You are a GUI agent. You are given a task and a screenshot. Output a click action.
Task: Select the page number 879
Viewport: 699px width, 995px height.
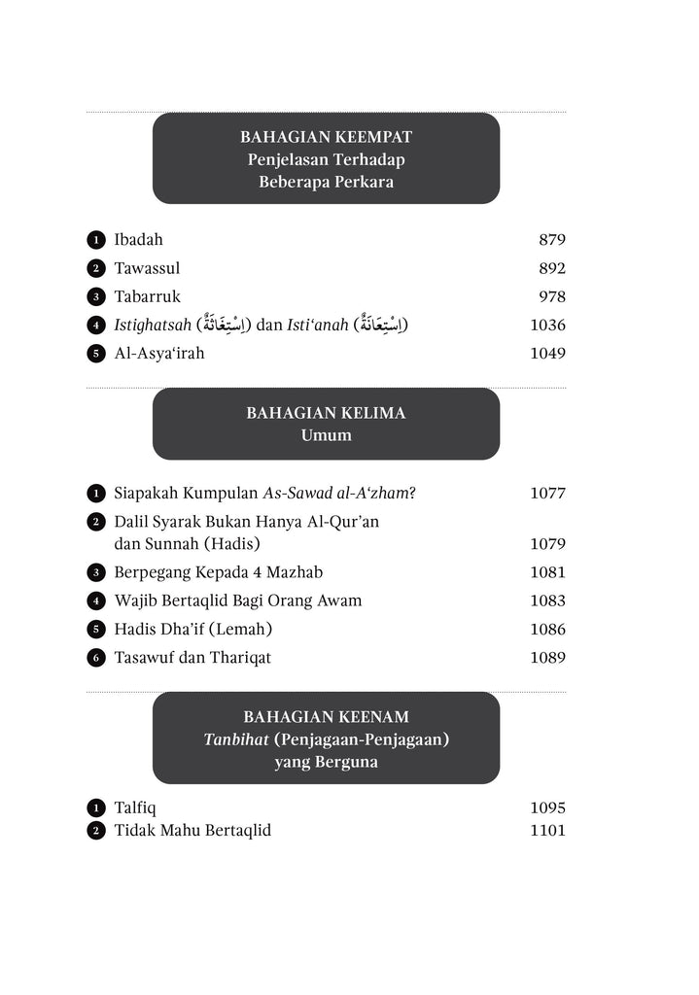pyautogui.click(x=551, y=240)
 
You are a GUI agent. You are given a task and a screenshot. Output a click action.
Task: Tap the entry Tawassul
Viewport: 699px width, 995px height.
pyautogui.click(x=147, y=268)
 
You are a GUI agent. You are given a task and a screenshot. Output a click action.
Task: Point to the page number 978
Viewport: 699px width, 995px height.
pyautogui.click(x=551, y=296)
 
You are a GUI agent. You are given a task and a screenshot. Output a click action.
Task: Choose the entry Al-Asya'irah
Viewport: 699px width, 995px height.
pyautogui.click(x=159, y=353)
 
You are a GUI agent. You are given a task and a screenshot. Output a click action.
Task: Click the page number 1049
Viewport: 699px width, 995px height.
pyautogui.click(x=547, y=353)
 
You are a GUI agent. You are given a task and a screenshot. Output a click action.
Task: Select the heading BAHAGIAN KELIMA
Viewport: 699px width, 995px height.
pyautogui.click(x=326, y=413)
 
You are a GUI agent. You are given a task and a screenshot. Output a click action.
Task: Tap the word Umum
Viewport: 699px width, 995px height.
pyautogui.click(x=326, y=434)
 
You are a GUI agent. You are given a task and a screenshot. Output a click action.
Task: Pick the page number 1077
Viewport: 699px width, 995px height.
pyautogui.click(x=547, y=493)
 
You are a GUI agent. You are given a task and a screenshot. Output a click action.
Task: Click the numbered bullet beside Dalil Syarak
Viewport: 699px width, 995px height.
pyautogui.click(x=95, y=522)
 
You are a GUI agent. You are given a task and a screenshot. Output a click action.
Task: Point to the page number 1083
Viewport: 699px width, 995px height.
pyautogui.click(x=547, y=600)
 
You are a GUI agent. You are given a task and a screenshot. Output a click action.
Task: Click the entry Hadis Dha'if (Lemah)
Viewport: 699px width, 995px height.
pyautogui.click(x=192, y=629)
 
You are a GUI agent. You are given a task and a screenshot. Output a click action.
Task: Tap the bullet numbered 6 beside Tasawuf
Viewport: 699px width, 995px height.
pyautogui.click(x=95, y=658)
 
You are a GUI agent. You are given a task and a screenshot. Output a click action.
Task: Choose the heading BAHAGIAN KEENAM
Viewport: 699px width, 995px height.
pyautogui.click(x=326, y=717)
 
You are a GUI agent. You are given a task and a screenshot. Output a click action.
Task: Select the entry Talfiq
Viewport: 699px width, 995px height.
pyautogui.click(x=135, y=807)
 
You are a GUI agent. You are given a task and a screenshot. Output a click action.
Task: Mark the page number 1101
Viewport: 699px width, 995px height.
pyautogui.click(x=547, y=830)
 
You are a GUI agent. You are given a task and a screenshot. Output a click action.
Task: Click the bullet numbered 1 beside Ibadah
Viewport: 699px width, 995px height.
pyautogui.click(x=95, y=240)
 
